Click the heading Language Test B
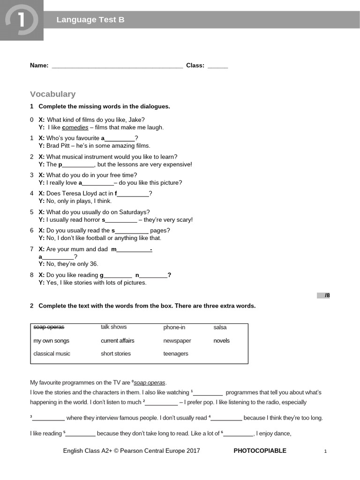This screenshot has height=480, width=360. point(90,20)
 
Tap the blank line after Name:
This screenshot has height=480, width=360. point(117,66)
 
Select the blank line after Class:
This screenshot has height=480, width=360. point(217,66)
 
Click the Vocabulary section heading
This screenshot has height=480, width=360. point(52,94)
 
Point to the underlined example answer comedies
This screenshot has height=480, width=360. point(75,127)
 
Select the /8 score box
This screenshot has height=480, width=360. point(324,295)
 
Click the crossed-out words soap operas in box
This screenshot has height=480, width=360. point(49,327)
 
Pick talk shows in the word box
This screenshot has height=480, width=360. point(113,327)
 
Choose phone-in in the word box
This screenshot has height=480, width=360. point(174,327)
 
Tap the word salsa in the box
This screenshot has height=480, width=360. point(220,327)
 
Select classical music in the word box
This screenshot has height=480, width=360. point(52,354)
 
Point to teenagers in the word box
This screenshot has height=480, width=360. point(175,354)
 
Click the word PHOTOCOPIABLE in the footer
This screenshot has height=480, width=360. point(260,451)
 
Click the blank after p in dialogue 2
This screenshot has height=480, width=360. point(78,165)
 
